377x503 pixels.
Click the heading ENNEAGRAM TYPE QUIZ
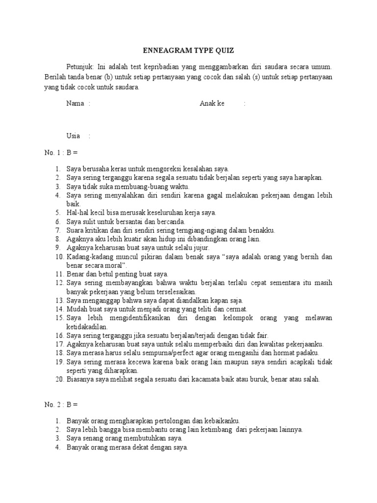(188, 50)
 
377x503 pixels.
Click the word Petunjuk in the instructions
(79, 66)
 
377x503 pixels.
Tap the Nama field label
(75, 104)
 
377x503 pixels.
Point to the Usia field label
(73, 136)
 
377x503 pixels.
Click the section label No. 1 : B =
(61, 152)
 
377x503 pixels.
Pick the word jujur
(200, 248)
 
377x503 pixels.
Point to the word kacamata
(194, 379)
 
